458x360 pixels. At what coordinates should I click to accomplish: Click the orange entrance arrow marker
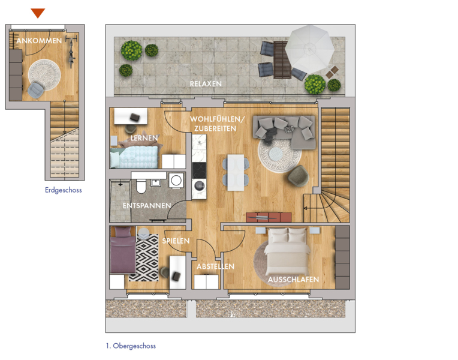(x=38, y=13)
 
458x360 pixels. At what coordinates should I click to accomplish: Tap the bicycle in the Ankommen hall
(x=71, y=52)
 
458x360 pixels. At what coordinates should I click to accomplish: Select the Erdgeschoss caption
(x=64, y=190)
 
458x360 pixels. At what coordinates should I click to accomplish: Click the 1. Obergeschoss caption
(x=131, y=346)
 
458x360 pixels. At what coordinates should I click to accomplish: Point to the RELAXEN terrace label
(x=206, y=84)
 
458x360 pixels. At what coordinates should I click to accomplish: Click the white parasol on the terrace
(x=309, y=49)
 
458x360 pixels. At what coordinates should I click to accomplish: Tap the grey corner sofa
(x=285, y=131)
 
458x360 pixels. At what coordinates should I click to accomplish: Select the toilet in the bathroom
(x=141, y=186)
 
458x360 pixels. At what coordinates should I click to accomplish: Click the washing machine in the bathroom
(x=176, y=181)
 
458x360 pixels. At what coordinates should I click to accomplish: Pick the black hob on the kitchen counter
(x=199, y=170)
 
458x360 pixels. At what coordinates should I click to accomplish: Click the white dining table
(x=236, y=173)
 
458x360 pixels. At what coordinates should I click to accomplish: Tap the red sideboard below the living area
(x=269, y=217)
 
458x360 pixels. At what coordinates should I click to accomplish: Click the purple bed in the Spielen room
(x=123, y=250)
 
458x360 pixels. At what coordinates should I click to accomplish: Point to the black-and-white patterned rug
(x=144, y=257)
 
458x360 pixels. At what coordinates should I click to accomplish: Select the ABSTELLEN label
(x=215, y=266)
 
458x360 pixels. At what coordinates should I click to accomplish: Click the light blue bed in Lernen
(x=134, y=157)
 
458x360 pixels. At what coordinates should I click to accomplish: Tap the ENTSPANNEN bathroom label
(x=147, y=206)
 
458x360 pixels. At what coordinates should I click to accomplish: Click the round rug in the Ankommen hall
(x=44, y=74)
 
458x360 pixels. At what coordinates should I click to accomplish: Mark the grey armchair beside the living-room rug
(x=298, y=176)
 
